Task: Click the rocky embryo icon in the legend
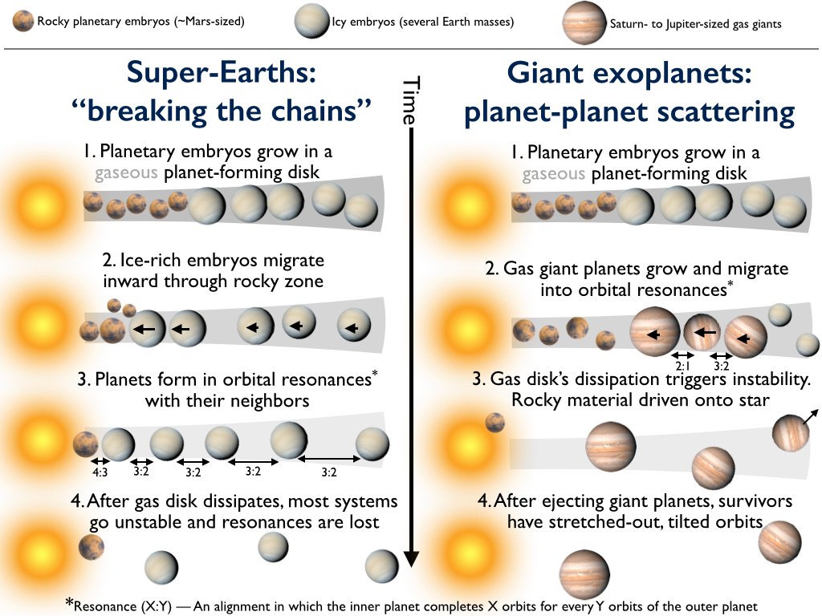pos(23,21)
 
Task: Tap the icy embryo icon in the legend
pos(312,22)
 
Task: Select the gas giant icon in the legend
pos(586,22)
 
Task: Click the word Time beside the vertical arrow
pos(410,101)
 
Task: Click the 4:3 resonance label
pos(100,472)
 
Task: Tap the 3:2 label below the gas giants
pos(722,366)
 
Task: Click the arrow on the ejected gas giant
pos(811,415)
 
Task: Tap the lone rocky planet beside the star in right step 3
pos(494,421)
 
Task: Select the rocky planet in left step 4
pos(91,547)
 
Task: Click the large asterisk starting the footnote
pos(71,603)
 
